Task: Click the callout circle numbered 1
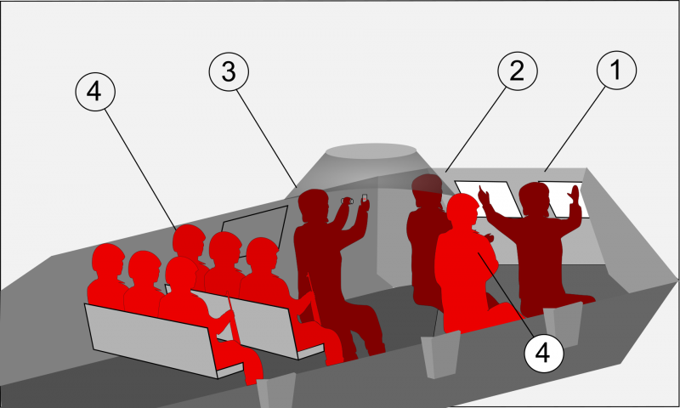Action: point(616,70)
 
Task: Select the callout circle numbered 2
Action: point(518,71)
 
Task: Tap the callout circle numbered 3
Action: point(229,71)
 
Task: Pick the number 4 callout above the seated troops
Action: point(95,92)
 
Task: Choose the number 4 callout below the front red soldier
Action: point(544,353)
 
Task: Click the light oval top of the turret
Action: point(371,151)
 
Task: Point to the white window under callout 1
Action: point(564,200)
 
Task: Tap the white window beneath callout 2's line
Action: point(488,199)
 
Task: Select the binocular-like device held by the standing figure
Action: point(347,201)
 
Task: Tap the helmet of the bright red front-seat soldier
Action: point(462,208)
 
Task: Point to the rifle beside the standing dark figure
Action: point(314,298)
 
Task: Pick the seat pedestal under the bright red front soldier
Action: point(440,354)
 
